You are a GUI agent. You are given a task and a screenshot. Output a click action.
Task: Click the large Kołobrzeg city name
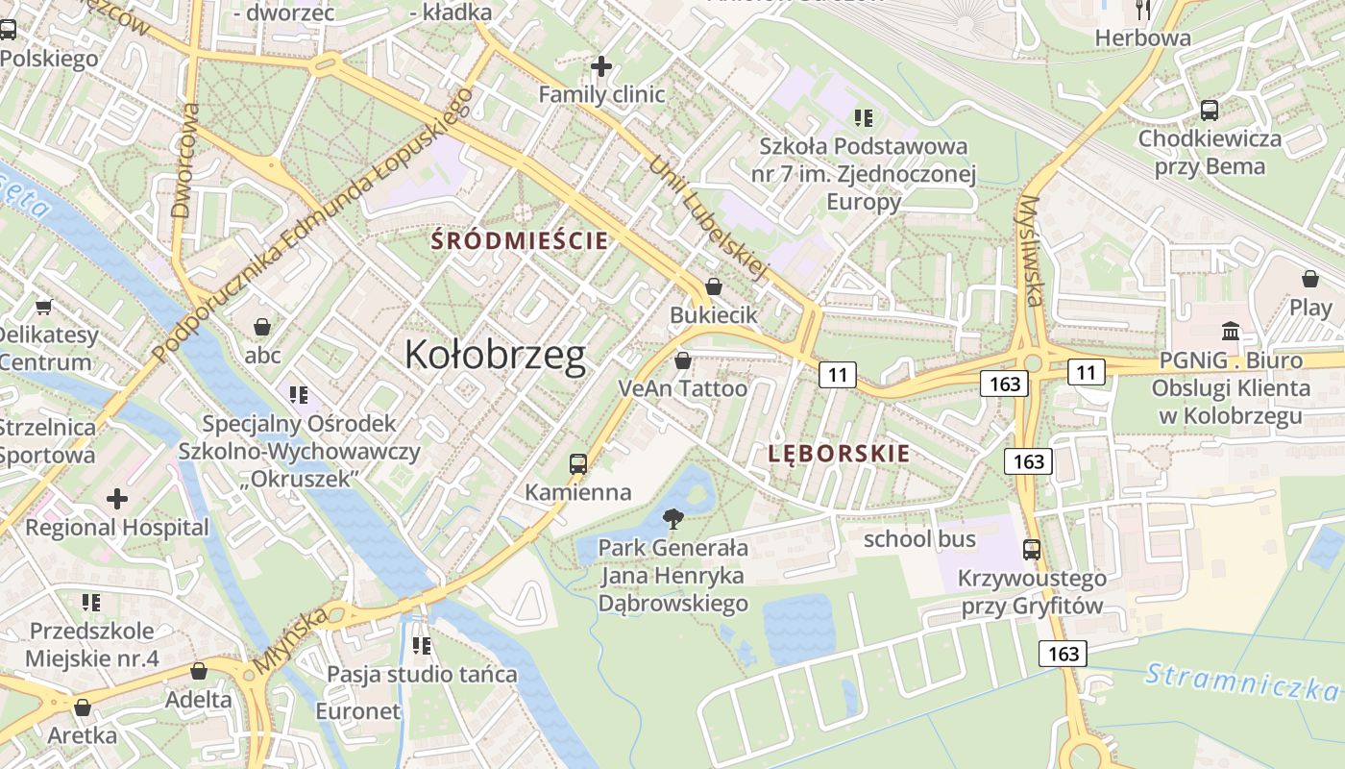[495, 355]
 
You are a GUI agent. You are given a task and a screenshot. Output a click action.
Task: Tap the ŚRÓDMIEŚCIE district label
[521, 240]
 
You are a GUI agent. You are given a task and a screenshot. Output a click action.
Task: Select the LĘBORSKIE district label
[839, 454]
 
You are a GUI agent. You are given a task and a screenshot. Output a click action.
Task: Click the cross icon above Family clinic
[601, 66]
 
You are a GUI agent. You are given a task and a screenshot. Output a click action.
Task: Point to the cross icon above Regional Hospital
[117, 498]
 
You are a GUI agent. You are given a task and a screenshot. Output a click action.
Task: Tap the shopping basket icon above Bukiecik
[714, 286]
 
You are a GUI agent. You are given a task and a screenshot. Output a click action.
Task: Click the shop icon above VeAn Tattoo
[682, 360]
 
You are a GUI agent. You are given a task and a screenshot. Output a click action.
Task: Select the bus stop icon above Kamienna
[578, 463]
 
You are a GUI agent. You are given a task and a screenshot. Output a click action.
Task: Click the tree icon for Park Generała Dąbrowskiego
[673, 519]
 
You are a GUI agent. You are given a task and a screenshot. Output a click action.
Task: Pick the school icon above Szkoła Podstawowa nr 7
[863, 118]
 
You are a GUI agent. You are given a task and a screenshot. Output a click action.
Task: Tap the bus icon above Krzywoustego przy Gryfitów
[1032, 550]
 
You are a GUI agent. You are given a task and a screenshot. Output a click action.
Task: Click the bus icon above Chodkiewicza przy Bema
[1210, 110]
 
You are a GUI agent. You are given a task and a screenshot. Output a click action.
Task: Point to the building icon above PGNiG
[1231, 332]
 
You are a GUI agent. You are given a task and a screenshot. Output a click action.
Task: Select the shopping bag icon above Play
[1310, 279]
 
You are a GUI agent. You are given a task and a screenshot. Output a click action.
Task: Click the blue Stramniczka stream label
[1241, 682]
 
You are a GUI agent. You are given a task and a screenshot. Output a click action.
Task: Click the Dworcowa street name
[183, 161]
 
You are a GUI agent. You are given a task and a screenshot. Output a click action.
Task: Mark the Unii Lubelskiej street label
[709, 217]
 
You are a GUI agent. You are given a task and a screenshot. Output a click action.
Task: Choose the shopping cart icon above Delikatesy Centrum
[43, 307]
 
